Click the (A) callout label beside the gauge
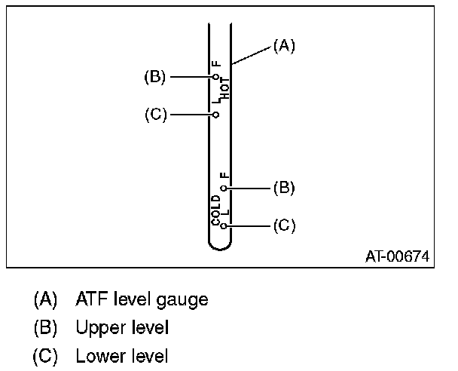point(283,46)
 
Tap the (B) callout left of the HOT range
point(155,76)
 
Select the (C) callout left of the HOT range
point(155,115)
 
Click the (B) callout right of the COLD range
point(283,187)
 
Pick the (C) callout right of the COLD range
point(283,225)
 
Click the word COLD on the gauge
point(215,210)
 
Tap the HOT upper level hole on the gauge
point(215,76)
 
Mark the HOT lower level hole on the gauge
point(215,115)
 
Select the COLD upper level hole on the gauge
point(223,187)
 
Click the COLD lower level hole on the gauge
point(223,225)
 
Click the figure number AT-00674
point(397,256)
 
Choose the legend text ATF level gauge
point(142,300)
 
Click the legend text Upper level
point(122,328)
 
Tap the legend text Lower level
point(122,356)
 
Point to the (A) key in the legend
point(45,300)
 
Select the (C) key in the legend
point(45,356)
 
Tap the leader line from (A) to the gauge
point(252,54)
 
